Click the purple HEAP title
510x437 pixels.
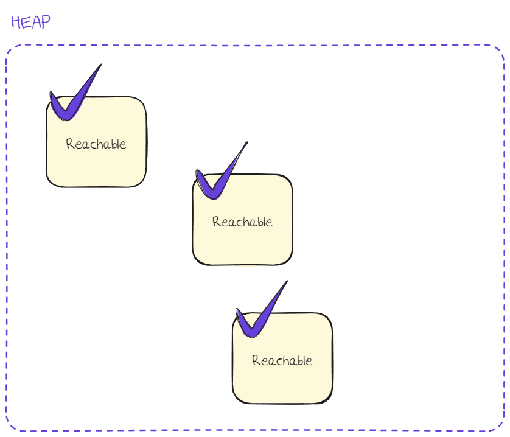pyautogui.click(x=30, y=22)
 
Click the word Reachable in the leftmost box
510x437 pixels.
pyautogui.click(x=96, y=144)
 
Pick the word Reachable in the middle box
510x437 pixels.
pyautogui.click(x=242, y=222)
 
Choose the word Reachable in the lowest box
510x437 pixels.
pyautogui.click(x=282, y=361)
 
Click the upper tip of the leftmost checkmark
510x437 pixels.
pyautogui.click(x=100, y=65)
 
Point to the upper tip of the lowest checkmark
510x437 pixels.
pyautogui.click(x=287, y=281)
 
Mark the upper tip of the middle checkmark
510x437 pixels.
pyautogui.click(x=247, y=142)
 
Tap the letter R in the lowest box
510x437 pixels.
pyautogui.click(x=256, y=361)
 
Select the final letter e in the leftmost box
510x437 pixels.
pyautogui.click(x=123, y=145)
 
